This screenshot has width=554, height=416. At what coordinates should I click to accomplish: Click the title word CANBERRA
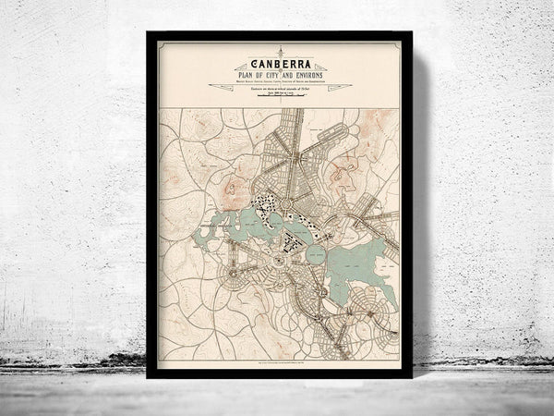(x=278, y=64)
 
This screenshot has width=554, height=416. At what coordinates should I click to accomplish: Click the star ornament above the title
(x=278, y=52)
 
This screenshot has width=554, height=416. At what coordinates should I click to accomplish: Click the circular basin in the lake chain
(x=314, y=251)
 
